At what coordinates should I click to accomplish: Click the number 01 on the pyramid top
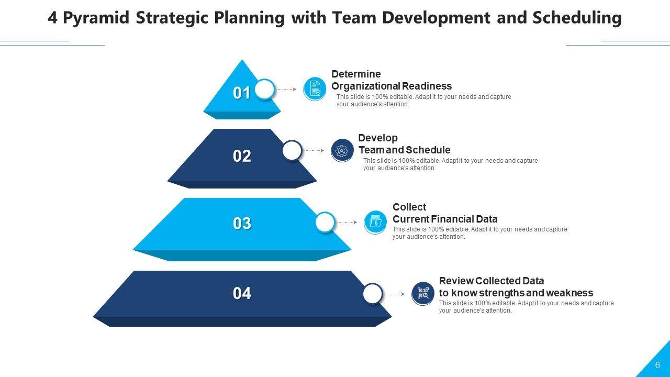241,93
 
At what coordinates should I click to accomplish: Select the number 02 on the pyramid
242,156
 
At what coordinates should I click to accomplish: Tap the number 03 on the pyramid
242,224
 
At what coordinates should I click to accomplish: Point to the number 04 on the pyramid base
242,293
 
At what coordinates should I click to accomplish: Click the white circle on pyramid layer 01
265,89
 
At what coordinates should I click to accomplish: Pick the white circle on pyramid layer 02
292,150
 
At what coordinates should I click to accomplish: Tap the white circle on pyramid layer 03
325,223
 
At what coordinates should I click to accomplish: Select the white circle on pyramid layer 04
373,294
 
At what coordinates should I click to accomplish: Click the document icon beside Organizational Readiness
315,89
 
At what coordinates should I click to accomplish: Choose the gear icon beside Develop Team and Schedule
342,150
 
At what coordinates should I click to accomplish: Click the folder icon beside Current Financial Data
375,223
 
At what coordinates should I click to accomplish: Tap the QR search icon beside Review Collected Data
422,294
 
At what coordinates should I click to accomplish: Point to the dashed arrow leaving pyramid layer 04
395,294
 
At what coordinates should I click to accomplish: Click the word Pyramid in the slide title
96,18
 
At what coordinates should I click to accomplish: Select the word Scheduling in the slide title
577,17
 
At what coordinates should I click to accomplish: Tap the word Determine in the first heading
356,74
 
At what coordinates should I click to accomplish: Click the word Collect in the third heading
409,207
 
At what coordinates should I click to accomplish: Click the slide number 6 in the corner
657,365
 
